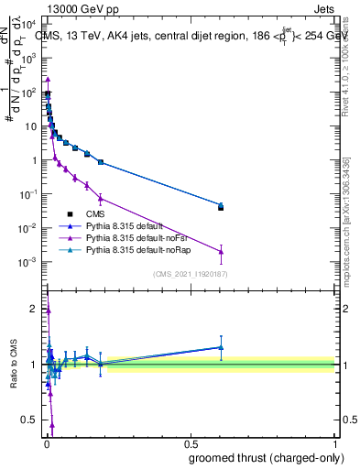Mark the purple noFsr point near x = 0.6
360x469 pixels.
click(x=221, y=252)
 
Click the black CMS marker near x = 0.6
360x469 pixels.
click(x=221, y=208)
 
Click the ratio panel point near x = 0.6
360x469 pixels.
click(x=221, y=347)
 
